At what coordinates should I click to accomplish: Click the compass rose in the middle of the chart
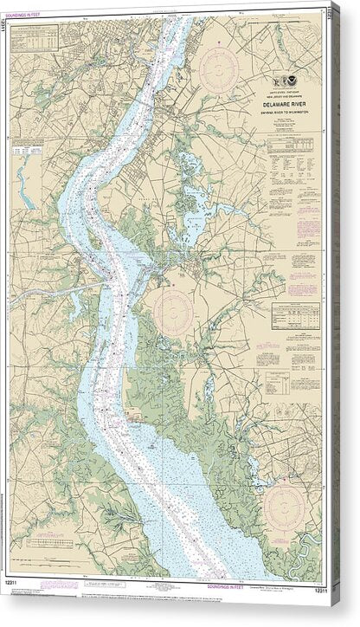179,308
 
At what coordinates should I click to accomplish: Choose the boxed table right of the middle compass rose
295,312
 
